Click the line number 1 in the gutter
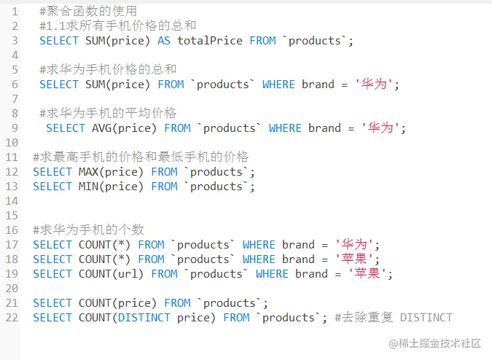click(15, 12)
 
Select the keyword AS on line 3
click(164, 41)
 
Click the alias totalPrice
click(210, 41)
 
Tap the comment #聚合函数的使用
click(85, 12)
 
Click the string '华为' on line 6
click(377, 85)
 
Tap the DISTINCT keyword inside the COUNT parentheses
click(144, 318)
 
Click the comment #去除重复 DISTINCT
click(394, 318)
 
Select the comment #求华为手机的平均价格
click(108, 114)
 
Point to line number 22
click(12, 318)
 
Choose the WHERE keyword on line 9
click(285, 128)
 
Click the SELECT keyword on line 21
click(52, 303)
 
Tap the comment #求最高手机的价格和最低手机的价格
click(141, 157)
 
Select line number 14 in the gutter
click(12, 201)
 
